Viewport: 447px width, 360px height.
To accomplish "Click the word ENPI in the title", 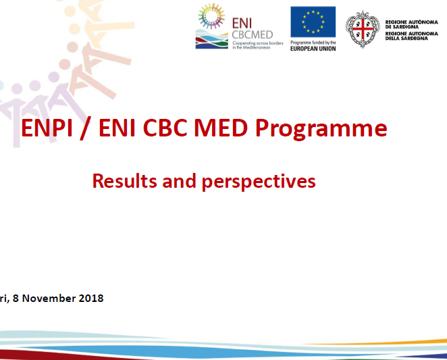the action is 47,128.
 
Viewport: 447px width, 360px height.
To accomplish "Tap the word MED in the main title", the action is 221,128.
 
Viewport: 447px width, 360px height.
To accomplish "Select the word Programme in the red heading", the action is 321,129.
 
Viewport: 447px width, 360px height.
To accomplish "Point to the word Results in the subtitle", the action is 124,181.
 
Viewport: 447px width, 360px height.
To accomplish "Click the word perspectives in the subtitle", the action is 259,182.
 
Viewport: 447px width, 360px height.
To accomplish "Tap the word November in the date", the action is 49,299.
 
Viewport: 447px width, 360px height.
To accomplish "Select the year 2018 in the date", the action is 91,299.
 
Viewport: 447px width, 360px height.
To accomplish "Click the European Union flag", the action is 313,22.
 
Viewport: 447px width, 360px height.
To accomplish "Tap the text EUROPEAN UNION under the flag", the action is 313,49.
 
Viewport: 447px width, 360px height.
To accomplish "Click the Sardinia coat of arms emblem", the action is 363,29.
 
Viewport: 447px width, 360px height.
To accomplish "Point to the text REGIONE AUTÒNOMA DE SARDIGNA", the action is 411,24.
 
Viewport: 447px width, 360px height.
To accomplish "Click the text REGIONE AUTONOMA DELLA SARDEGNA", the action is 411,36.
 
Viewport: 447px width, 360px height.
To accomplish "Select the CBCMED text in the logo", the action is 253,35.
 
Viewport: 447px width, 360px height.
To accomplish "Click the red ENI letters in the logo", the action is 242,23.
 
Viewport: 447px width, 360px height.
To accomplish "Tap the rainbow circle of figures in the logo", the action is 211,16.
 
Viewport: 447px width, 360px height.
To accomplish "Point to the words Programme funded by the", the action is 313,43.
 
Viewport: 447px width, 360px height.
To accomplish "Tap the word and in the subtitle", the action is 179,181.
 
